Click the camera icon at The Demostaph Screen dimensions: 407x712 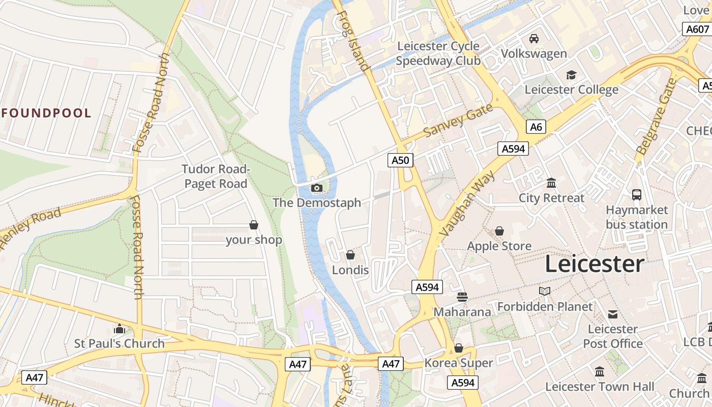click(316, 188)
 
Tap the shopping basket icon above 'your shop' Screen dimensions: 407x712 click(253, 225)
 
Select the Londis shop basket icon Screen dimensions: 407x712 click(350, 254)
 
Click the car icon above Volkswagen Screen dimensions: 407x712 click(534, 39)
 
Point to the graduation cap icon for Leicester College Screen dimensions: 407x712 click(571, 75)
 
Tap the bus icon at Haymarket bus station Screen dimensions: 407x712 click(637, 194)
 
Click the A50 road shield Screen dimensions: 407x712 click(400, 160)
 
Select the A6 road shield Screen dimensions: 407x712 click(536, 127)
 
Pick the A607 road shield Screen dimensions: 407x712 click(696, 29)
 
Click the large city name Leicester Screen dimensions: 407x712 click(595, 265)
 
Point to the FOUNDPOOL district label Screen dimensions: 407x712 click(46, 113)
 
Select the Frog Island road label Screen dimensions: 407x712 click(352, 41)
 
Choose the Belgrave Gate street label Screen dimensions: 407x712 click(657, 117)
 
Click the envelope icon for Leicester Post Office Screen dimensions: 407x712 click(613, 314)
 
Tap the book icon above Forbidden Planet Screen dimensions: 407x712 click(545, 291)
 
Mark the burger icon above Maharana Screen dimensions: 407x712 click(462, 296)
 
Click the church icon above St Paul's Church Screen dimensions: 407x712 click(120, 329)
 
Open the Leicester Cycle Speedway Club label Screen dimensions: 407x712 click(438, 53)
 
